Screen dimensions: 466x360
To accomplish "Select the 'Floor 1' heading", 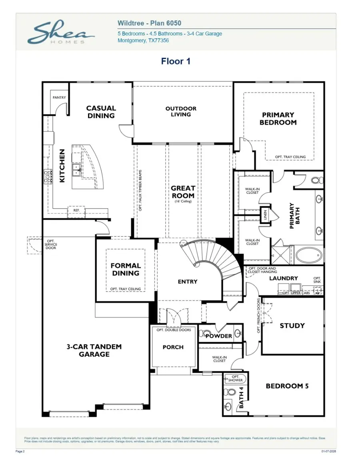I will [176, 61].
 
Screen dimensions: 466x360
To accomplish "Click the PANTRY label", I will [59, 98].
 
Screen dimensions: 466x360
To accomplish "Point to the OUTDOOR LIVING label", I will [181, 112].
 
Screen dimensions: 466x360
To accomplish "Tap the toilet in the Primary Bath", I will [316, 179].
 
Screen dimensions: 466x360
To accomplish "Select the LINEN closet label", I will [265, 215].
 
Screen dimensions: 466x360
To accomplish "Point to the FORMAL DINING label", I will [126, 269].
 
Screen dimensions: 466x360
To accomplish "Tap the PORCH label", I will [173, 347].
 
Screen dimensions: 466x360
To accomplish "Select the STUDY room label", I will [292, 326].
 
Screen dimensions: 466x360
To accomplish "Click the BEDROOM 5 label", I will [287, 386].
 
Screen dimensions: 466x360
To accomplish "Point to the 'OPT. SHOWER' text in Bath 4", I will [235, 378].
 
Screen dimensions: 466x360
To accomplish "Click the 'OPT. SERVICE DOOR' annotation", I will [51, 245].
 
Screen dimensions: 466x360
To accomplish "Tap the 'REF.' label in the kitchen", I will [76, 210].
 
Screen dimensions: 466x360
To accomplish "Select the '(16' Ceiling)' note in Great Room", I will [183, 201].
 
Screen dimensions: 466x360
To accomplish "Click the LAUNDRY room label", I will [283, 278].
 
